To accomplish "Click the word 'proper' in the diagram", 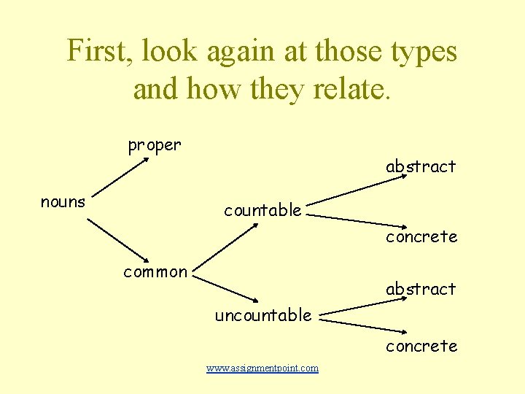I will tap(155, 145).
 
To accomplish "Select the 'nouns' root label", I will tap(63, 202).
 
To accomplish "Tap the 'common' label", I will tap(155, 272).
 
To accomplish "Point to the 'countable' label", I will tap(262, 210).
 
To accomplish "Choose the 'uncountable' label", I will tap(263, 315).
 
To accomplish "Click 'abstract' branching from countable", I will tap(421, 166).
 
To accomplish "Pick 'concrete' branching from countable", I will tap(421, 236).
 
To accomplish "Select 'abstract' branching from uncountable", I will tap(421, 289).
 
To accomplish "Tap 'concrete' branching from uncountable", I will tap(421, 346).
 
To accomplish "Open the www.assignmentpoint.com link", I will tap(262, 368).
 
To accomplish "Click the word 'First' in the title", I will tap(96, 51).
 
